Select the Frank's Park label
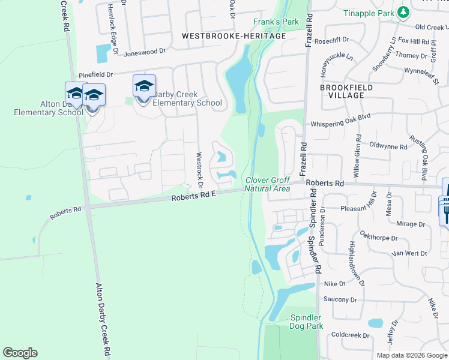click(276, 22)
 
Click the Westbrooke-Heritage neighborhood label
click(234, 36)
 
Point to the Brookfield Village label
click(346, 91)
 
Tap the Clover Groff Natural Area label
click(268, 184)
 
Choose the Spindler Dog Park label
click(306, 322)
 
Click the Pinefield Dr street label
click(95, 74)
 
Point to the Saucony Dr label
click(340, 299)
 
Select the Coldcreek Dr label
click(349, 334)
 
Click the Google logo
click(20, 353)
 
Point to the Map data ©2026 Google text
click(411, 355)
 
